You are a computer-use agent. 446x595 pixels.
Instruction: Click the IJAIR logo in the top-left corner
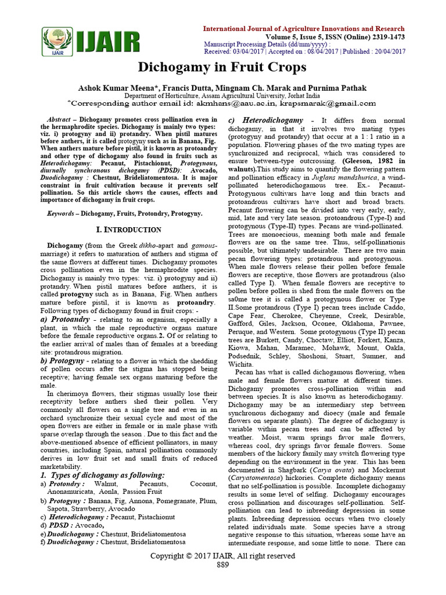[91, 42]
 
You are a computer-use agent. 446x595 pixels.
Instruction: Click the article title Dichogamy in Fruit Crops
[222, 67]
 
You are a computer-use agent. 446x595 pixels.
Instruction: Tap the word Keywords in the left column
[62, 214]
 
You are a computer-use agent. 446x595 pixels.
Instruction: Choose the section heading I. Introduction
[128, 230]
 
